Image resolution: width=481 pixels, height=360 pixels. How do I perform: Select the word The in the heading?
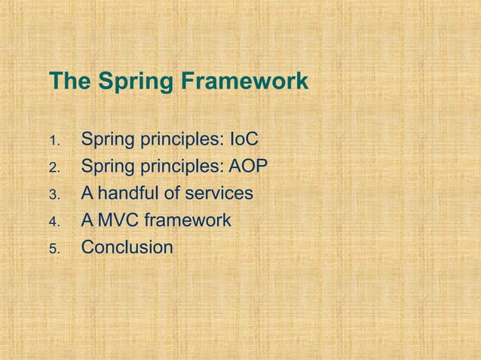click(68, 81)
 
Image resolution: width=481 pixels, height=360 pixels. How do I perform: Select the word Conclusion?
click(127, 247)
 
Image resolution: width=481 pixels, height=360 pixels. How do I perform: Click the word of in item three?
click(172, 194)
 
